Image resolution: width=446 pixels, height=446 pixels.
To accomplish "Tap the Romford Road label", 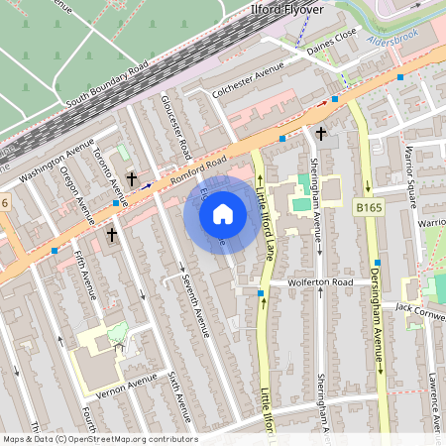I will pos(198,173).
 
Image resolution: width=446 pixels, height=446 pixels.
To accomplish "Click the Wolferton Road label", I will pos(320,282).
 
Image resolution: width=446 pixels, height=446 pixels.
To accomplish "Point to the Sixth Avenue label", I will pos(179,396).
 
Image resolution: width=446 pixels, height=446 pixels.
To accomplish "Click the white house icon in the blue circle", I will pos(222,214).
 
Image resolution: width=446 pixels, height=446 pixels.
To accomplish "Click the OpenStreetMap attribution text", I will pos(99,439).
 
